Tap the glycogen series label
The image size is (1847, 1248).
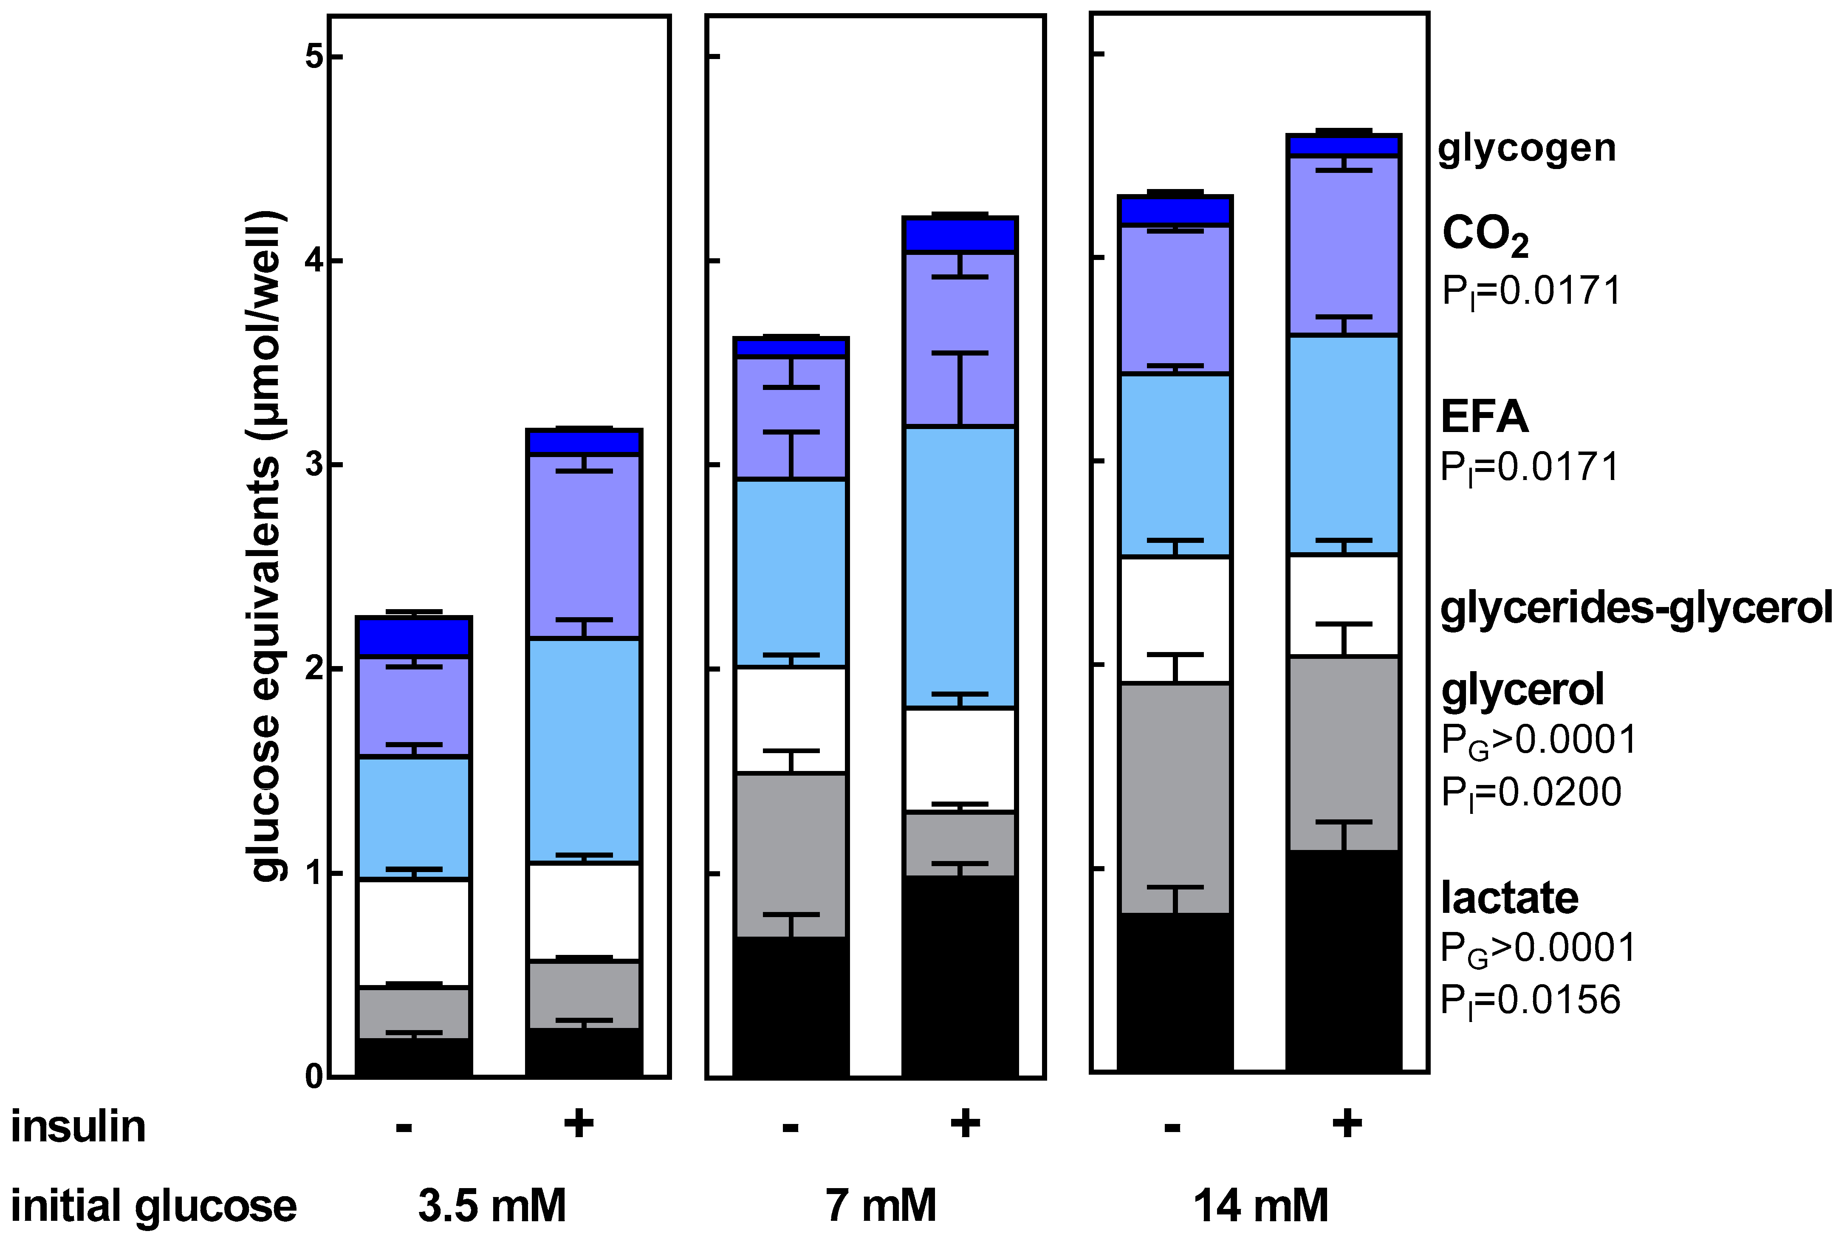[1526, 149]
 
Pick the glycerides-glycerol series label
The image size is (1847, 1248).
[1635, 609]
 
